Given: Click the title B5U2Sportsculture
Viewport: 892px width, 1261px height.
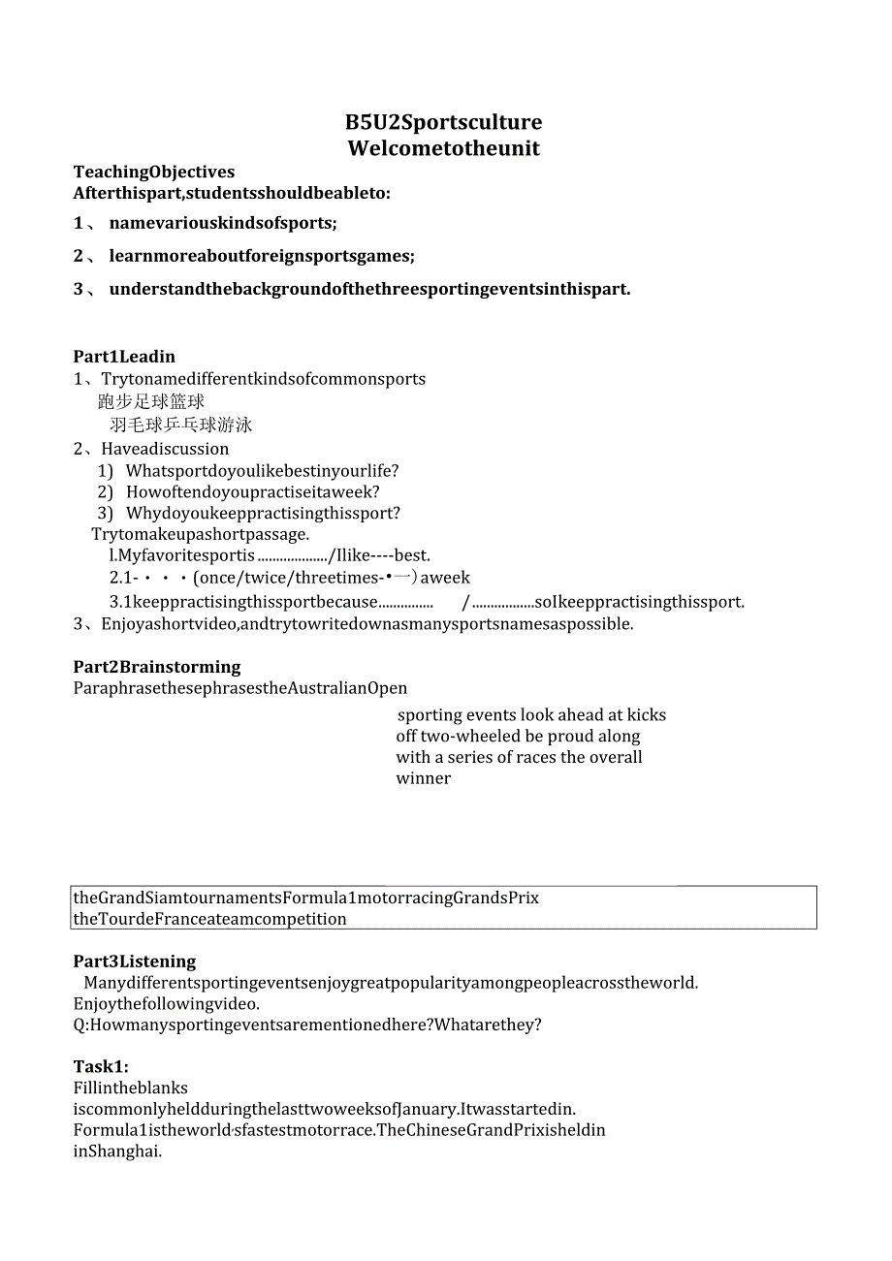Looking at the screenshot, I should coord(443,122).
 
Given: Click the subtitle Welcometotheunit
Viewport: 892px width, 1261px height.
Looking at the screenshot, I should coord(443,148).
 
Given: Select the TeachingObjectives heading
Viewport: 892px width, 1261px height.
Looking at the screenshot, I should coord(154,173).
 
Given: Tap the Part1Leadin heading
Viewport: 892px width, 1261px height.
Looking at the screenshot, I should coord(124,357).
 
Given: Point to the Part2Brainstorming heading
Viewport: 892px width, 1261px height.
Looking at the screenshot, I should coord(157,667).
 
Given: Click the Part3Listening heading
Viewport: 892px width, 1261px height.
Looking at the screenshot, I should coord(135,962).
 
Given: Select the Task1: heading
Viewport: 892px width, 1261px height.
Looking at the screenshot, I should coord(101,1067).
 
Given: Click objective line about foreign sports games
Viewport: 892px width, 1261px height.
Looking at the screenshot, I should coord(262,256).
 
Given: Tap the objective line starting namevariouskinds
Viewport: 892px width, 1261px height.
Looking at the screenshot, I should coord(223,223).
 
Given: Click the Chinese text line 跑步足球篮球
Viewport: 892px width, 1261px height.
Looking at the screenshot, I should coord(151,401).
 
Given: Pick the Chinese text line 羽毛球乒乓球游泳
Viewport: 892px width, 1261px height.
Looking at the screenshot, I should coord(181,425).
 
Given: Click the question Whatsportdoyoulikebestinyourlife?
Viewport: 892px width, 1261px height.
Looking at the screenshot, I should coord(262,471).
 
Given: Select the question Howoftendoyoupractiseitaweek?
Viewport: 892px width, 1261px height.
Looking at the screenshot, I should coord(252,492).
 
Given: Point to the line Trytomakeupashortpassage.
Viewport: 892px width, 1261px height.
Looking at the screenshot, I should coord(201,534).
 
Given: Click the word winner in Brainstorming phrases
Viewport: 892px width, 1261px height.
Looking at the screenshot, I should coord(424,778).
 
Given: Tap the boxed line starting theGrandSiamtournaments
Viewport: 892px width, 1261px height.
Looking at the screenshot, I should coord(306,898).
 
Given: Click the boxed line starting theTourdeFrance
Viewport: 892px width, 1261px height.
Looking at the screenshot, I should coord(210,919).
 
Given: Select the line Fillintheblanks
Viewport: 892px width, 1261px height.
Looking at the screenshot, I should coord(131,1088).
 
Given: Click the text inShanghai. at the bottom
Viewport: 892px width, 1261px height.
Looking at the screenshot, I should coord(117,1151).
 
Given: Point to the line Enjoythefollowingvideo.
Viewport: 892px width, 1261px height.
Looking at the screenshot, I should coord(167,1004).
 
